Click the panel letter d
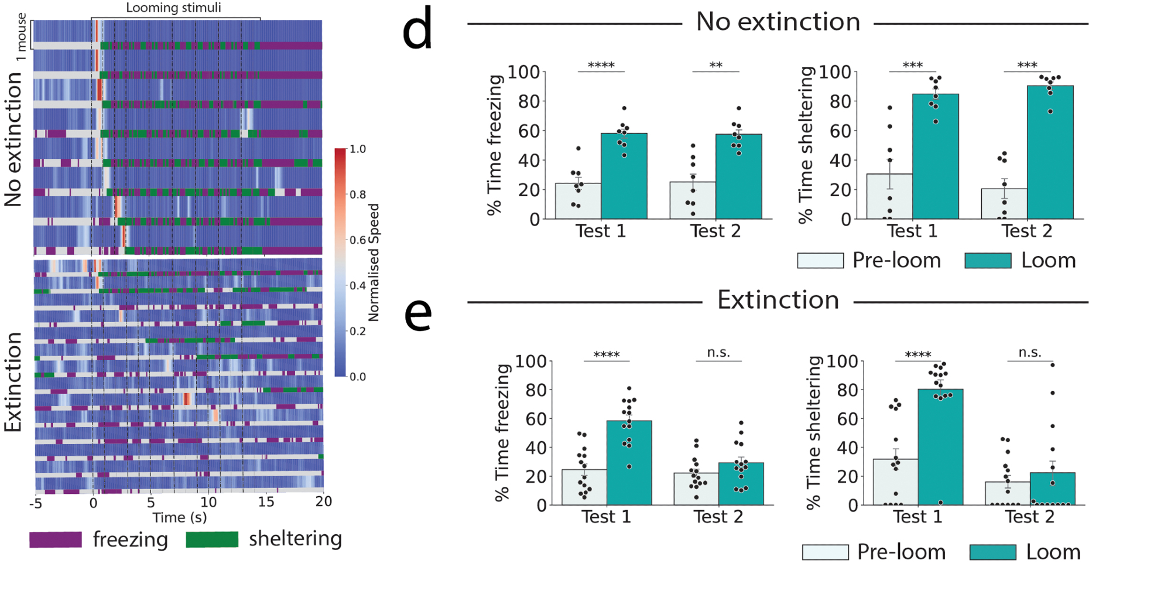pyautogui.click(x=417, y=29)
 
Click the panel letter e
pyautogui.click(x=418, y=315)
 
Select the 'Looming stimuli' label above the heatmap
pyautogui.click(x=173, y=8)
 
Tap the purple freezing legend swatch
pyautogui.click(x=56, y=540)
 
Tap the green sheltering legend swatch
pyautogui.click(x=212, y=539)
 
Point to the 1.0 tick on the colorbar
pyautogui.click(x=358, y=149)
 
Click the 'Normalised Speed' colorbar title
pyautogui.click(x=374, y=262)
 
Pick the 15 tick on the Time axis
pyautogui.click(x=266, y=502)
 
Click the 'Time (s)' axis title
pyautogui.click(x=179, y=518)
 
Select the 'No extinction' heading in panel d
pyautogui.click(x=778, y=22)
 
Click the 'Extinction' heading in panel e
pyautogui.click(x=778, y=301)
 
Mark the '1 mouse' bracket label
pyautogui.click(x=22, y=37)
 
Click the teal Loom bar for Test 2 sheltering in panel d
pyautogui.click(x=1050, y=152)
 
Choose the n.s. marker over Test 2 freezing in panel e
pyautogui.click(x=718, y=353)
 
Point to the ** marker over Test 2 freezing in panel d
pyautogui.click(x=715, y=65)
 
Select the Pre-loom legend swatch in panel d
pyautogui.click(x=820, y=261)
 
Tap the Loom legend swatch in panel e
pyautogui.click(x=992, y=552)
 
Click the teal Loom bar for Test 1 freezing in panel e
pyautogui.click(x=629, y=463)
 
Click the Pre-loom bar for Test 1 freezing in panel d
pyautogui.click(x=578, y=201)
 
